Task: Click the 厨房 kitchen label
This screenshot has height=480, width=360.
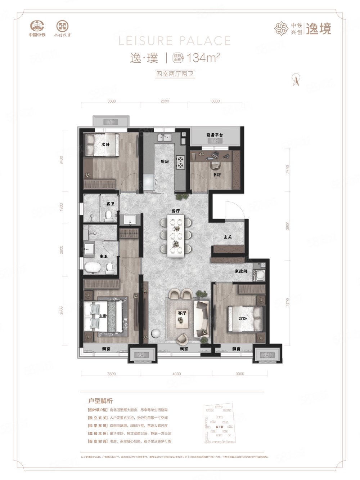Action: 165,162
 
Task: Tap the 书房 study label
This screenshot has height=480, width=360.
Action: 216,175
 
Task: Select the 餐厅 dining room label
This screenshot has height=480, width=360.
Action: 175,211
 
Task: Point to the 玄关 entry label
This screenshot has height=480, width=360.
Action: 228,237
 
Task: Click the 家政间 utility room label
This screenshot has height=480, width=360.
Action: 241,271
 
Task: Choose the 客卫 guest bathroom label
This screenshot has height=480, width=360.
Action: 110,204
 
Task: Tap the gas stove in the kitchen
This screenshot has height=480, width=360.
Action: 180,162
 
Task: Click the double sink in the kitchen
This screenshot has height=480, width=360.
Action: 164,137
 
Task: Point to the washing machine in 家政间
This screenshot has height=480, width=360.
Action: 259,276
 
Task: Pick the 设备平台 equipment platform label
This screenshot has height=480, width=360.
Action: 215,135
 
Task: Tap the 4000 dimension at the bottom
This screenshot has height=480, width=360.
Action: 176,374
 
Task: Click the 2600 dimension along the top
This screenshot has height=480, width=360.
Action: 165,101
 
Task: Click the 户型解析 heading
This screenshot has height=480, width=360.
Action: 100,401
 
